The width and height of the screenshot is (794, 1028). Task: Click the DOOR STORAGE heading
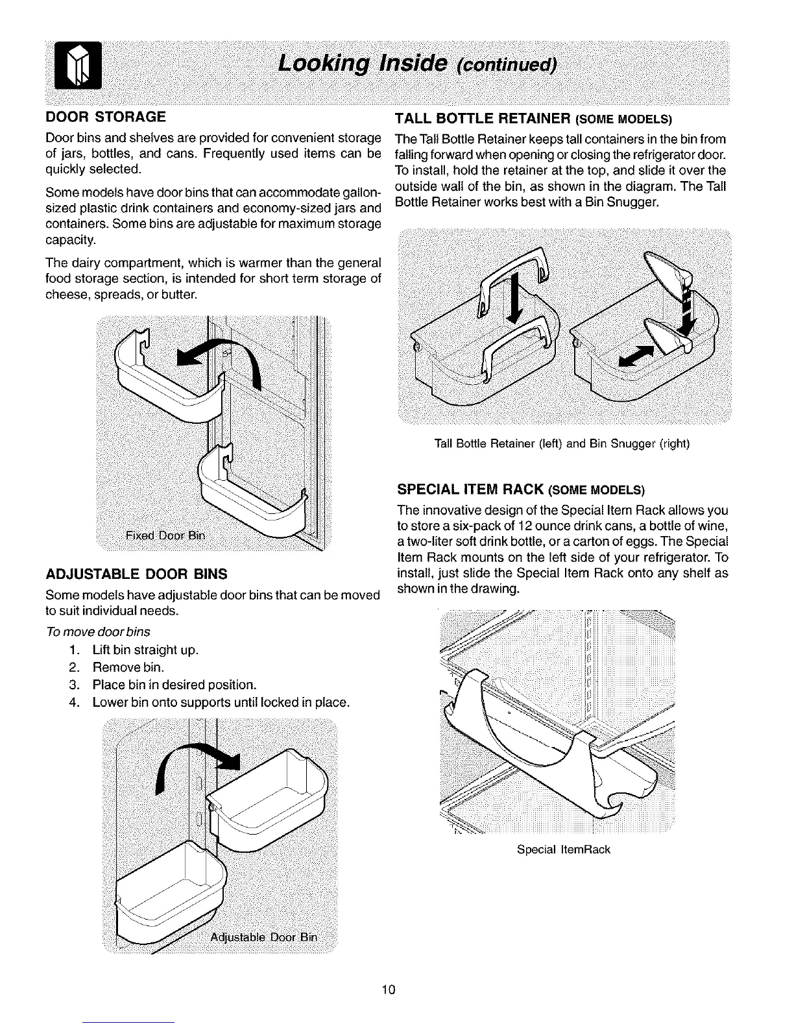click(x=106, y=117)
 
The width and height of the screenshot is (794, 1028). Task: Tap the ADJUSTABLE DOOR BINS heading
click(x=136, y=574)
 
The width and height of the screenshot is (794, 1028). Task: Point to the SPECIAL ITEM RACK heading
click(x=521, y=488)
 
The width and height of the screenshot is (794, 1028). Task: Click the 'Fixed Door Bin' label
click(x=165, y=535)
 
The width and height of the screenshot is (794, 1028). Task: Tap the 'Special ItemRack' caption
click(x=564, y=849)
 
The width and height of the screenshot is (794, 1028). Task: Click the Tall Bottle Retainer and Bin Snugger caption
click(x=562, y=444)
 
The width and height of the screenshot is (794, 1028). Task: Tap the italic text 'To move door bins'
click(x=98, y=632)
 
